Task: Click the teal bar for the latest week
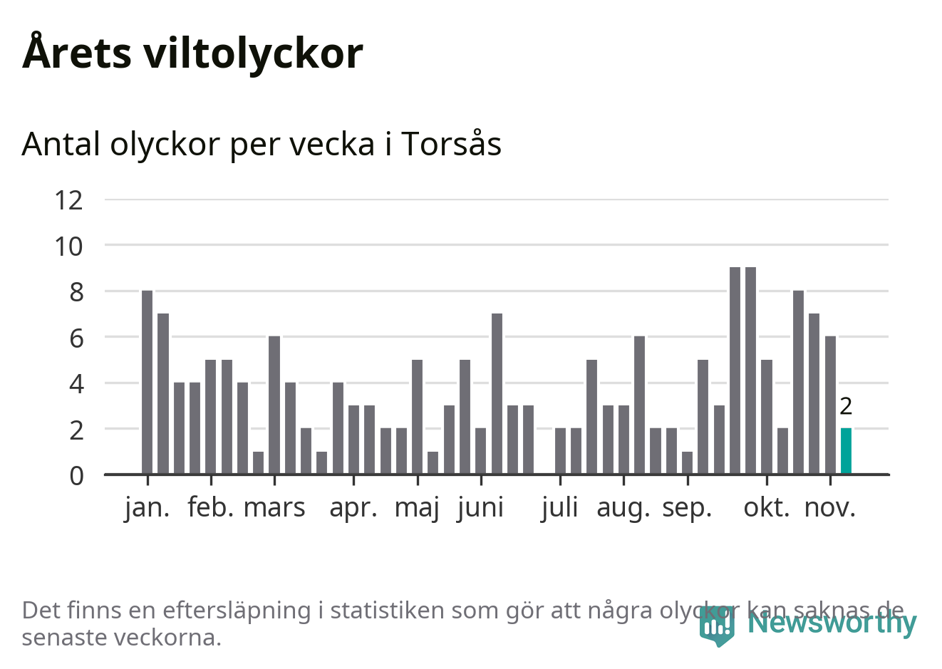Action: [846, 451]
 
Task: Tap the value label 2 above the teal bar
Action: [846, 406]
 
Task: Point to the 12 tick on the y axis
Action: [69, 200]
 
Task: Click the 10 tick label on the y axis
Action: [69, 247]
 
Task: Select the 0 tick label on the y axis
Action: [76, 476]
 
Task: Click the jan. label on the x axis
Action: [147, 508]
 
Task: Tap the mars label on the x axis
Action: [274, 508]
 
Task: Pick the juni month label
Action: [481, 508]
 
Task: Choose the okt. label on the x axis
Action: [767, 508]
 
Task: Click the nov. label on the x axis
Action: [830, 508]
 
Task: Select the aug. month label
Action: [623, 508]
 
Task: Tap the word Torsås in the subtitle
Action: [451, 144]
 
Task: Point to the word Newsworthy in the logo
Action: [832, 623]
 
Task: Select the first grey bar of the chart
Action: [147, 382]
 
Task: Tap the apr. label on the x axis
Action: [353, 508]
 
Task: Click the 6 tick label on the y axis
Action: [76, 338]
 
